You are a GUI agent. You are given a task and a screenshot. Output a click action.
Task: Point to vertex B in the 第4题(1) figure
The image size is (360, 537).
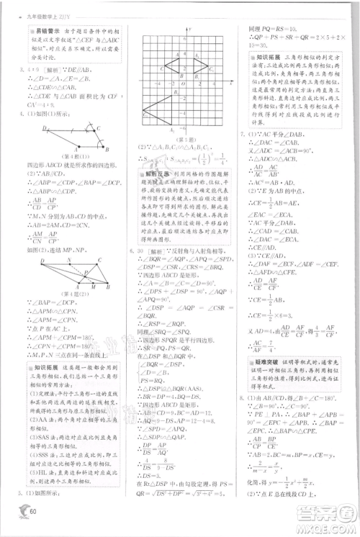106,149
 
